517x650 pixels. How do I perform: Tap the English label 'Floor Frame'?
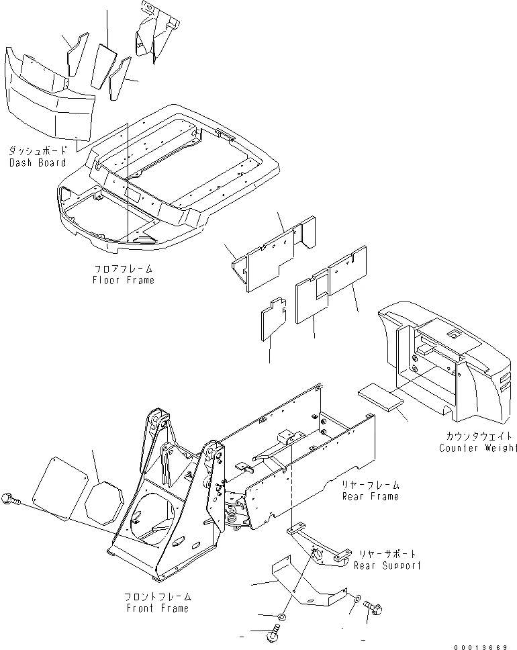pos(124,279)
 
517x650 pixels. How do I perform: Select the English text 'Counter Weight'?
pos(478,448)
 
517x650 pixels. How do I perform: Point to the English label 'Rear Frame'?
pos(370,496)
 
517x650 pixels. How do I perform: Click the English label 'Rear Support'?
pos(389,565)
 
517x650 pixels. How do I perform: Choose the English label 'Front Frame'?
pos(156,608)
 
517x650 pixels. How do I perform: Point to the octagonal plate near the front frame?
pos(105,503)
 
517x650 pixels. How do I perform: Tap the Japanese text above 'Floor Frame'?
pos(124,269)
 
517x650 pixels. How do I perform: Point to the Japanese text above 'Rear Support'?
pos(388,554)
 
